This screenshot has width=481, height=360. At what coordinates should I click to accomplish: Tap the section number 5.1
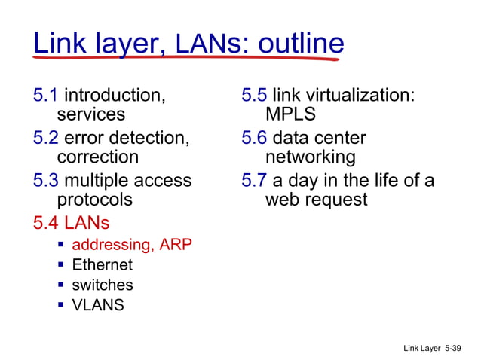pyautogui.click(x=45, y=96)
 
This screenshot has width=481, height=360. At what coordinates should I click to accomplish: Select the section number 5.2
pyautogui.click(x=45, y=138)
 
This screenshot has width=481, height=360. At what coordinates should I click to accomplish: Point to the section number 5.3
pyautogui.click(x=45, y=181)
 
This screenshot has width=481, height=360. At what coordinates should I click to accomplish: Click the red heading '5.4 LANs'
pyautogui.click(x=72, y=223)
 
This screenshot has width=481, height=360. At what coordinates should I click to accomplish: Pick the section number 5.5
pyautogui.click(x=254, y=96)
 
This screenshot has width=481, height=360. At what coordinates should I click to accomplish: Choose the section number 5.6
pyautogui.click(x=254, y=138)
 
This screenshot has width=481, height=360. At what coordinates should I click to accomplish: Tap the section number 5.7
pyautogui.click(x=254, y=181)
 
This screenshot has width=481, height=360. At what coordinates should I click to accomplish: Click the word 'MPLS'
pyautogui.click(x=290, y=115)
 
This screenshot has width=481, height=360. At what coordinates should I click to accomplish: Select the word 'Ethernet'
pyautogui.click(x=102, y=265)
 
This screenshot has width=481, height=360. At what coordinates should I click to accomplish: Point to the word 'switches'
pyautogui.click(x=102, y=285)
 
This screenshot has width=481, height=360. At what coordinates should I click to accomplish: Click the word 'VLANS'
pyautogui.click(x=98, y=305)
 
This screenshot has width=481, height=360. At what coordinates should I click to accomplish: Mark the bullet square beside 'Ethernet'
pyautogui.click(x=60, y=265)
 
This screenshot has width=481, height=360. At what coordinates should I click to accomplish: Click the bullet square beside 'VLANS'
pyautogui.click(x=60, y=305)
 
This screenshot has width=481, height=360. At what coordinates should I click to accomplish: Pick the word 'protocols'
pyautogui.click(x=95, y=200)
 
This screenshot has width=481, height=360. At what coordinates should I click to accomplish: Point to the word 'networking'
pyautogui.click(x=310, y=157)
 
